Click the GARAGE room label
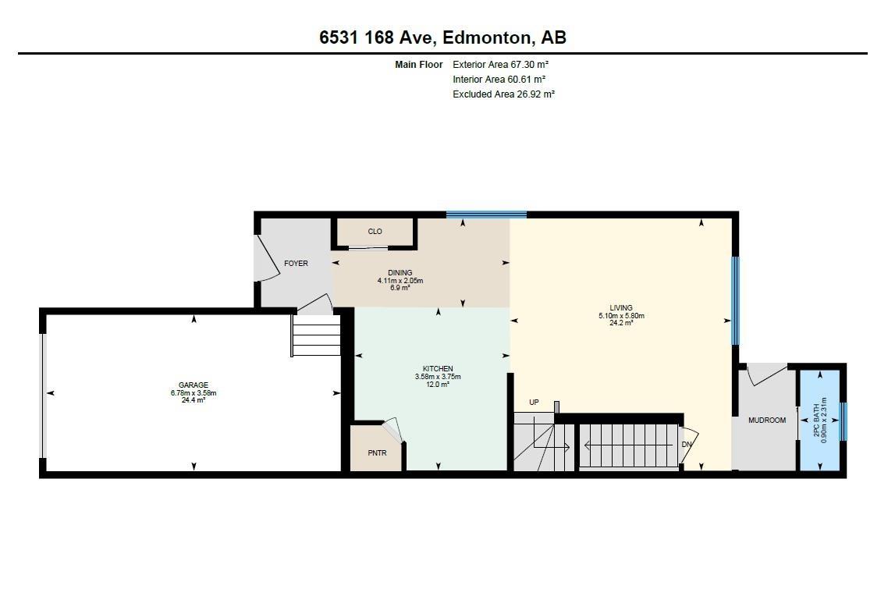193,385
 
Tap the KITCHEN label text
438,369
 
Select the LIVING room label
621,308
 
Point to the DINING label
400,273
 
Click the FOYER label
297,264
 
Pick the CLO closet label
375,232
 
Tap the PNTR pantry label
377,453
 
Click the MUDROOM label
767,420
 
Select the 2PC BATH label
817,420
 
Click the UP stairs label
534,403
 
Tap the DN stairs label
687,445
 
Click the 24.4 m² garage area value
193,400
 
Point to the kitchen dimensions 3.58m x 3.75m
438,377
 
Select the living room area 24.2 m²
621,323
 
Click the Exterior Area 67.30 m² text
501,65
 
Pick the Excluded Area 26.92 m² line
503,94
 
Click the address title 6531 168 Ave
376,37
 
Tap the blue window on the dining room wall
486,215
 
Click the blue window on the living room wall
735,300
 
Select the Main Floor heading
419,65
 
